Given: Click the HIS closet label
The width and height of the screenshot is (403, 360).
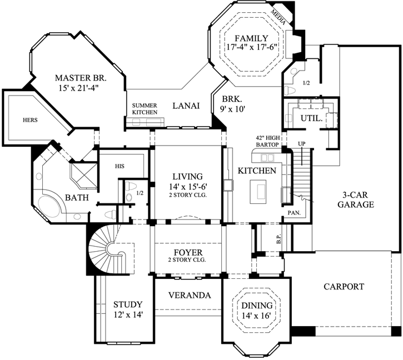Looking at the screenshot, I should point(120,166).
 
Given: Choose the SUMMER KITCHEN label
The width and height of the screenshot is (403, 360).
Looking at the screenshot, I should point(145,109).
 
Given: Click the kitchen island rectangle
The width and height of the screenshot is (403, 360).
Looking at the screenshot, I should point(258,191).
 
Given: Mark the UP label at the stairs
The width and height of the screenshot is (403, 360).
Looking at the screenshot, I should point(302,144).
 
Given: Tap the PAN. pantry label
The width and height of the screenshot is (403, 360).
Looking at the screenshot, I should point(293,213).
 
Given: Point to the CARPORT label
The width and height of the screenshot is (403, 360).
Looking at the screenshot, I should point(344,287).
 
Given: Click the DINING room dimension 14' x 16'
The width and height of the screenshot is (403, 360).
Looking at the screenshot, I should point(256,316).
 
